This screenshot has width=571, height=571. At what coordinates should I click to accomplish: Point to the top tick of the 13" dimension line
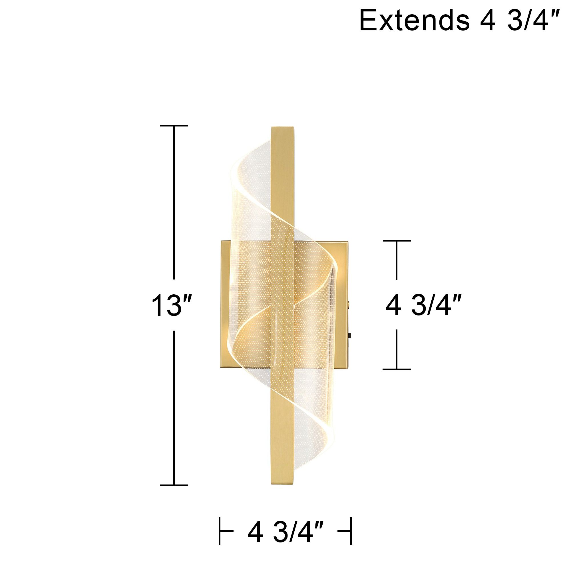[x=174, y=126]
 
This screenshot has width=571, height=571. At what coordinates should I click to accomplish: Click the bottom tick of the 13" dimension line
[x=174, y=485]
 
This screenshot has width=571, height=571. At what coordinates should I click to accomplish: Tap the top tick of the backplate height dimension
[x=397, y=241]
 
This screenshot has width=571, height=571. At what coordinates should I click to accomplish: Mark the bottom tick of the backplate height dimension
[x=397, y=369]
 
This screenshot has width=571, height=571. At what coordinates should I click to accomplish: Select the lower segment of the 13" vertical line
[x=174, y=408]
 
